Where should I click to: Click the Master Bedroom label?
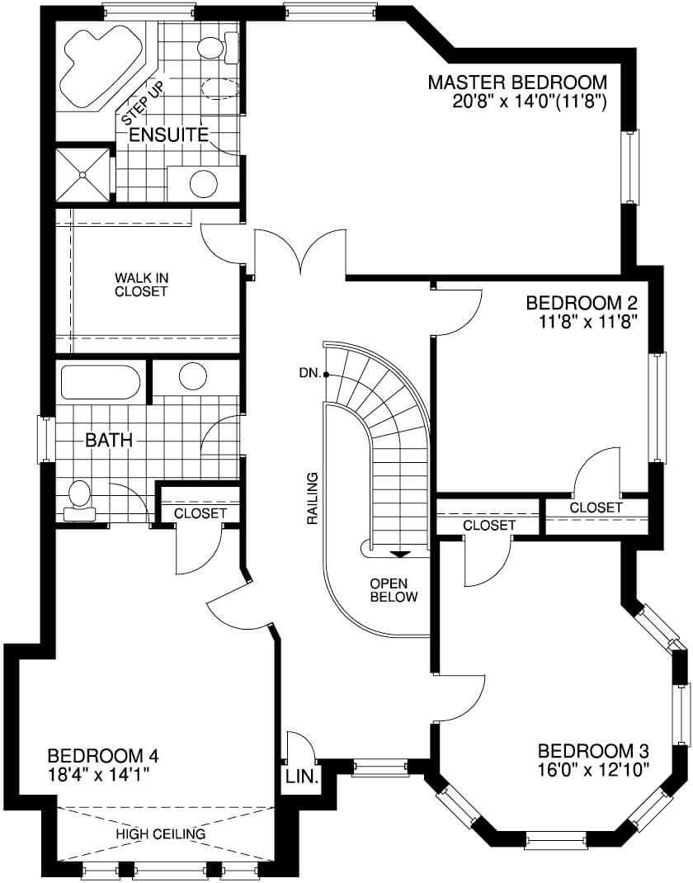tap(517, 83)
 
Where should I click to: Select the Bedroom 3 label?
tap(593, 751)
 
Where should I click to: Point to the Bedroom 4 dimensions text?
tap(98, 775)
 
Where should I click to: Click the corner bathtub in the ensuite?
tap(101, 64)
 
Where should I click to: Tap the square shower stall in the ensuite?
tap(83, 174)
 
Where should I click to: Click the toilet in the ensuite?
tap(219, 47)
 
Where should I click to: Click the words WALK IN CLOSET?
tap(141, 285)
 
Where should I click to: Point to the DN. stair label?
tap(310, 373)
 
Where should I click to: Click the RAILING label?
tap(313, 499)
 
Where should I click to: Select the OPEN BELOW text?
tap(394, 589)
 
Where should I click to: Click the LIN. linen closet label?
tap(302, 777)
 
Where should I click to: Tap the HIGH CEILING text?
tap(160, 834)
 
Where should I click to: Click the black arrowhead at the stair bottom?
tap(400, 554)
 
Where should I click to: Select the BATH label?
tap(109, 441)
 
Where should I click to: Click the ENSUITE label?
tap(169, 135)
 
